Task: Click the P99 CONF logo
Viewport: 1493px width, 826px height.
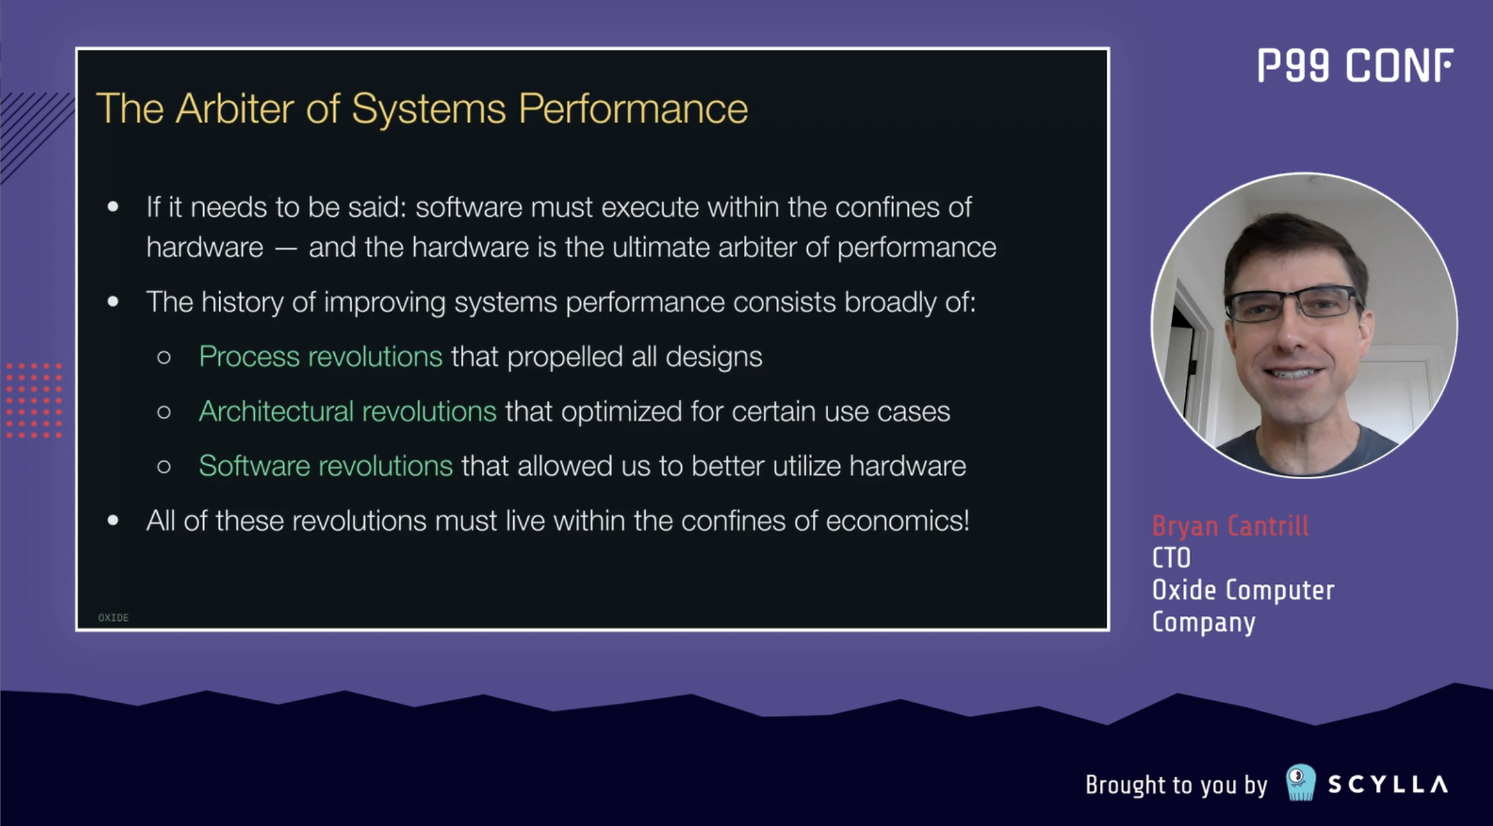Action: pos(1355,65)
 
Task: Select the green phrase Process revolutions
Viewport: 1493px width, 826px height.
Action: pos(321,357)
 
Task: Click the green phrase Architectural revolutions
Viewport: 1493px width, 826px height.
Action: pos(348,412)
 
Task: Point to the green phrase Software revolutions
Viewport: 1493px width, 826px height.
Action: pos(326,466)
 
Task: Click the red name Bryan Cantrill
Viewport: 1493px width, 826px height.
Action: pos(1230,526)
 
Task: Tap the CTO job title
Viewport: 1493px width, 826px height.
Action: pos(1171,558)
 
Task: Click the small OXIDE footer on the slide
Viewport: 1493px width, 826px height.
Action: pos(114,617)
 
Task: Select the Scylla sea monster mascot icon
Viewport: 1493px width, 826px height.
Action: pos(1301,783)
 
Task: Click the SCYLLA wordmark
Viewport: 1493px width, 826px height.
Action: pos(1388,784)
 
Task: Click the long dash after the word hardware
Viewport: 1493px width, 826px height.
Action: pos(285,249)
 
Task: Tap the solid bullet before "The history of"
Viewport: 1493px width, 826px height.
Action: pos(113,302)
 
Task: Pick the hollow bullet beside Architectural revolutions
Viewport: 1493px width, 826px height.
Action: pos(164,412)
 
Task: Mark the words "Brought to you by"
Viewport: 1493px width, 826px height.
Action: pos(1176,785)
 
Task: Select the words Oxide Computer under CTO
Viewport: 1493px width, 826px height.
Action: pos(1243,590)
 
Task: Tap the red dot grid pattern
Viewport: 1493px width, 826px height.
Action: pos(33,400)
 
